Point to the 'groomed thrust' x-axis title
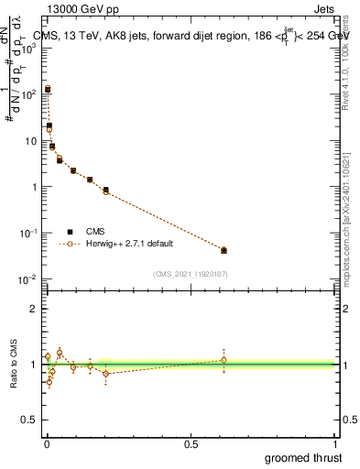[303, 457]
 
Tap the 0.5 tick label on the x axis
[191, 443]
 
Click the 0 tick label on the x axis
[47, 443]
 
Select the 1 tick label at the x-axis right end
[334, 443]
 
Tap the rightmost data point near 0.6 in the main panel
[224, 250]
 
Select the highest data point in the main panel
[48, 90]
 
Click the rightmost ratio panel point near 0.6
[224, 359]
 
